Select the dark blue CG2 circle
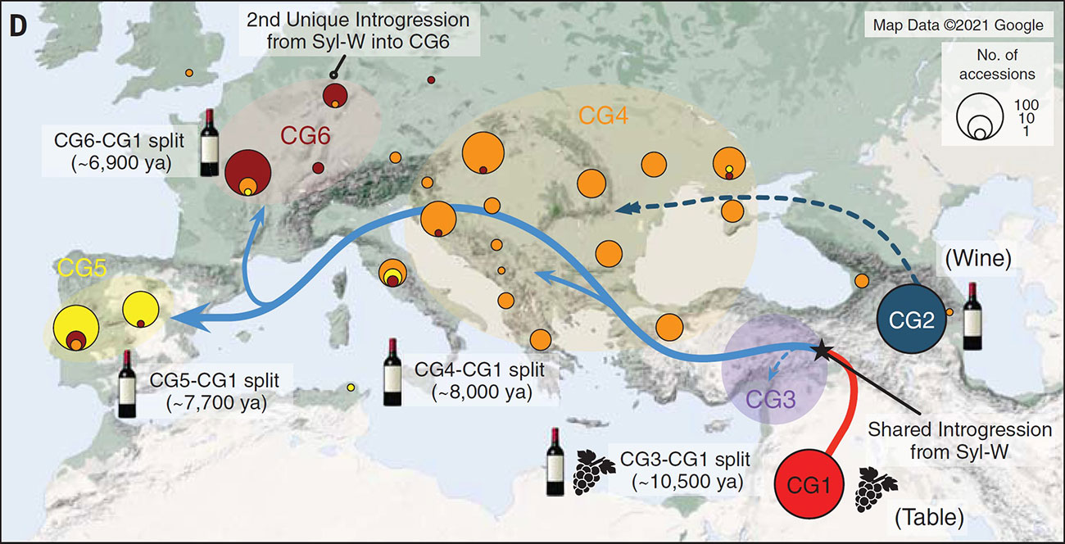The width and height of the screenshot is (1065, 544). [x=912, y=320]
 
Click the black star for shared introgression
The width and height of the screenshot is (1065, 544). [x=820, y=350]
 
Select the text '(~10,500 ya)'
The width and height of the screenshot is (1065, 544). [x=687, y=482]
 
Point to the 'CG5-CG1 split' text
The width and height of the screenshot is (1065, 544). [x=215, y=381]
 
